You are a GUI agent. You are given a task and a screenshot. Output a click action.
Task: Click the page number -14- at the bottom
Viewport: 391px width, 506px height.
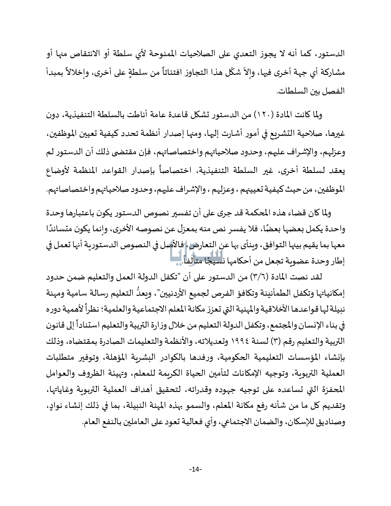click(x=195, y=469)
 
